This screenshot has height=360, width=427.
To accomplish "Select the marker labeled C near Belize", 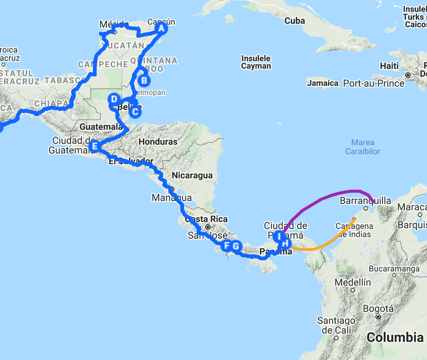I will coord(135,111).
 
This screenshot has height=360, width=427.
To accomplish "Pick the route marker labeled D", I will coord(114,99).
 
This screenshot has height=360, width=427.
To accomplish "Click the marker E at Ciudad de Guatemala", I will coord(94,146).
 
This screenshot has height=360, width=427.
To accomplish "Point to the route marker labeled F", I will coord(225,246).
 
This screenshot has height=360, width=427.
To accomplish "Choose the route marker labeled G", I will coord(236,246).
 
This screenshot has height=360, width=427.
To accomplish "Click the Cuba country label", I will coord(294,21).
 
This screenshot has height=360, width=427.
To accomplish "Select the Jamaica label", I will coord(323,83).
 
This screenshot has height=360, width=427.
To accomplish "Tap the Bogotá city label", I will coord(378,309).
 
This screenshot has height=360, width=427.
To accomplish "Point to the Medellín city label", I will coord(353,282).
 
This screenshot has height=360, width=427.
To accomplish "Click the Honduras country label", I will coord(158,142).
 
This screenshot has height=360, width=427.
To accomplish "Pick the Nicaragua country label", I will coord(192,176).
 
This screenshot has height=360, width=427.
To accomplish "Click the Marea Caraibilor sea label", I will coord(362,147).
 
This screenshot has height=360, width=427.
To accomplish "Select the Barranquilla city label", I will coord(365,201).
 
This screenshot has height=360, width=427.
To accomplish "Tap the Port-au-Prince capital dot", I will coord(408,75).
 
